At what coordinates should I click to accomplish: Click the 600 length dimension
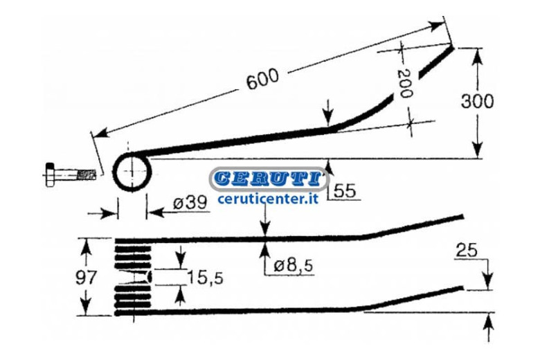(x=263, y=79)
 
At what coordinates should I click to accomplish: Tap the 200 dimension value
(x=405, y=84)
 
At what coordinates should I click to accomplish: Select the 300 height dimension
(x=477, y=101)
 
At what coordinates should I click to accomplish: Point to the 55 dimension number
(x=344, y=190)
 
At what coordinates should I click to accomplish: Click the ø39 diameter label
(x=190, y=204)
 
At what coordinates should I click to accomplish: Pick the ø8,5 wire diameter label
(x=294, y=266)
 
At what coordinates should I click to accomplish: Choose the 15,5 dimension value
(x=205, y=278)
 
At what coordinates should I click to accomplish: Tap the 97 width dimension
(x=86, y=278)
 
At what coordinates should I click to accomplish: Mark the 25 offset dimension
(x=467, y=250)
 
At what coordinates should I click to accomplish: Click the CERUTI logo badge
(x=269, y=179)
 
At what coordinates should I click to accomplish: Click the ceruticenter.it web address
(x=269, y=199)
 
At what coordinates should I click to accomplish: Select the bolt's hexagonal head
(x=50, y=174)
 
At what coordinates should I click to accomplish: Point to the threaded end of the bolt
(x=86, y=174)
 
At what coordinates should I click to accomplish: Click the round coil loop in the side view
(x=132, y=172)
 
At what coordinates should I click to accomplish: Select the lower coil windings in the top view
(x=133, y=296)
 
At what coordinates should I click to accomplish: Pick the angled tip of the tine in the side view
(x=436, y=63)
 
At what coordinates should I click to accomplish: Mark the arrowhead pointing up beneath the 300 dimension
(x=477, y=146)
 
